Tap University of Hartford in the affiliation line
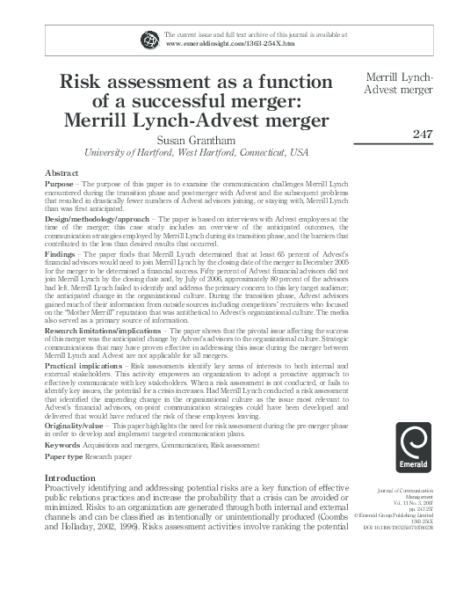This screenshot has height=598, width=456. click(x=120, y=152)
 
